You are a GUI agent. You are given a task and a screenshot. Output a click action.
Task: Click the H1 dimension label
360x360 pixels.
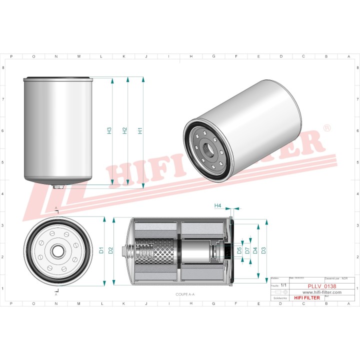pyautogui.click(x=140, y=131)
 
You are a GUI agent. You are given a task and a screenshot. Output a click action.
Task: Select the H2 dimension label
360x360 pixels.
pyautogui.click(x=125, y=131)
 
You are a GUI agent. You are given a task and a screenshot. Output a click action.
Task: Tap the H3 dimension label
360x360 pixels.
pyautogui.click(x=109, y=131)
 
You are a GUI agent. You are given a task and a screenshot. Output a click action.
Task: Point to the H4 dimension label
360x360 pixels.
pyautogui.click(x=217, y=205)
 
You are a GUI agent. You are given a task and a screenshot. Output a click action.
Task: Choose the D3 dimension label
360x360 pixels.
pyautogui.click(x=263, y=249)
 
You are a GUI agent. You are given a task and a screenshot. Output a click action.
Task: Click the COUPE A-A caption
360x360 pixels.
pyautogui.click(x=185, y=295)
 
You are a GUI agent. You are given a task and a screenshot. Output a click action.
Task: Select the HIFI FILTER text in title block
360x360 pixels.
pyautogui.click(x=306, y=297)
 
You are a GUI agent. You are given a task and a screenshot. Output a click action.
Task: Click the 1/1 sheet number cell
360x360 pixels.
pyautogui.click(x=284, y=285)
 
